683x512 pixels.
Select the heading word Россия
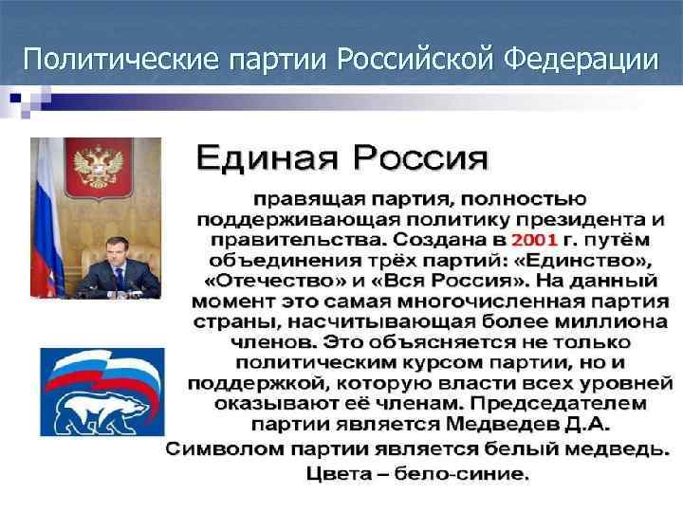click(416, 157)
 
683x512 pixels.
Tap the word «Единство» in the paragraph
click(593, 260)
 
